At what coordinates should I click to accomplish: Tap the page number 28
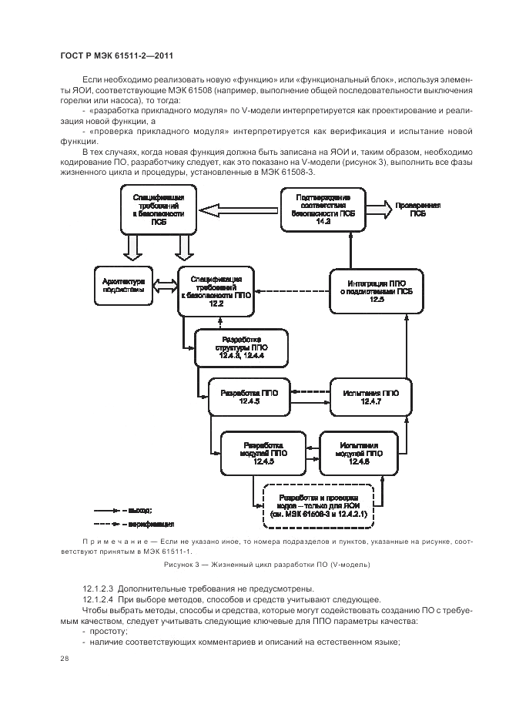coord(63,659)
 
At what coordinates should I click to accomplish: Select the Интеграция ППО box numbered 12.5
coord(377,291)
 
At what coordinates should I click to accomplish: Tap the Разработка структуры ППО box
coord(241,348)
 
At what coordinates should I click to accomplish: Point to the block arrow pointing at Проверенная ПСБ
coord(377,209)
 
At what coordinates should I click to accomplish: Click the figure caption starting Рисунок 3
coord(266,565)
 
